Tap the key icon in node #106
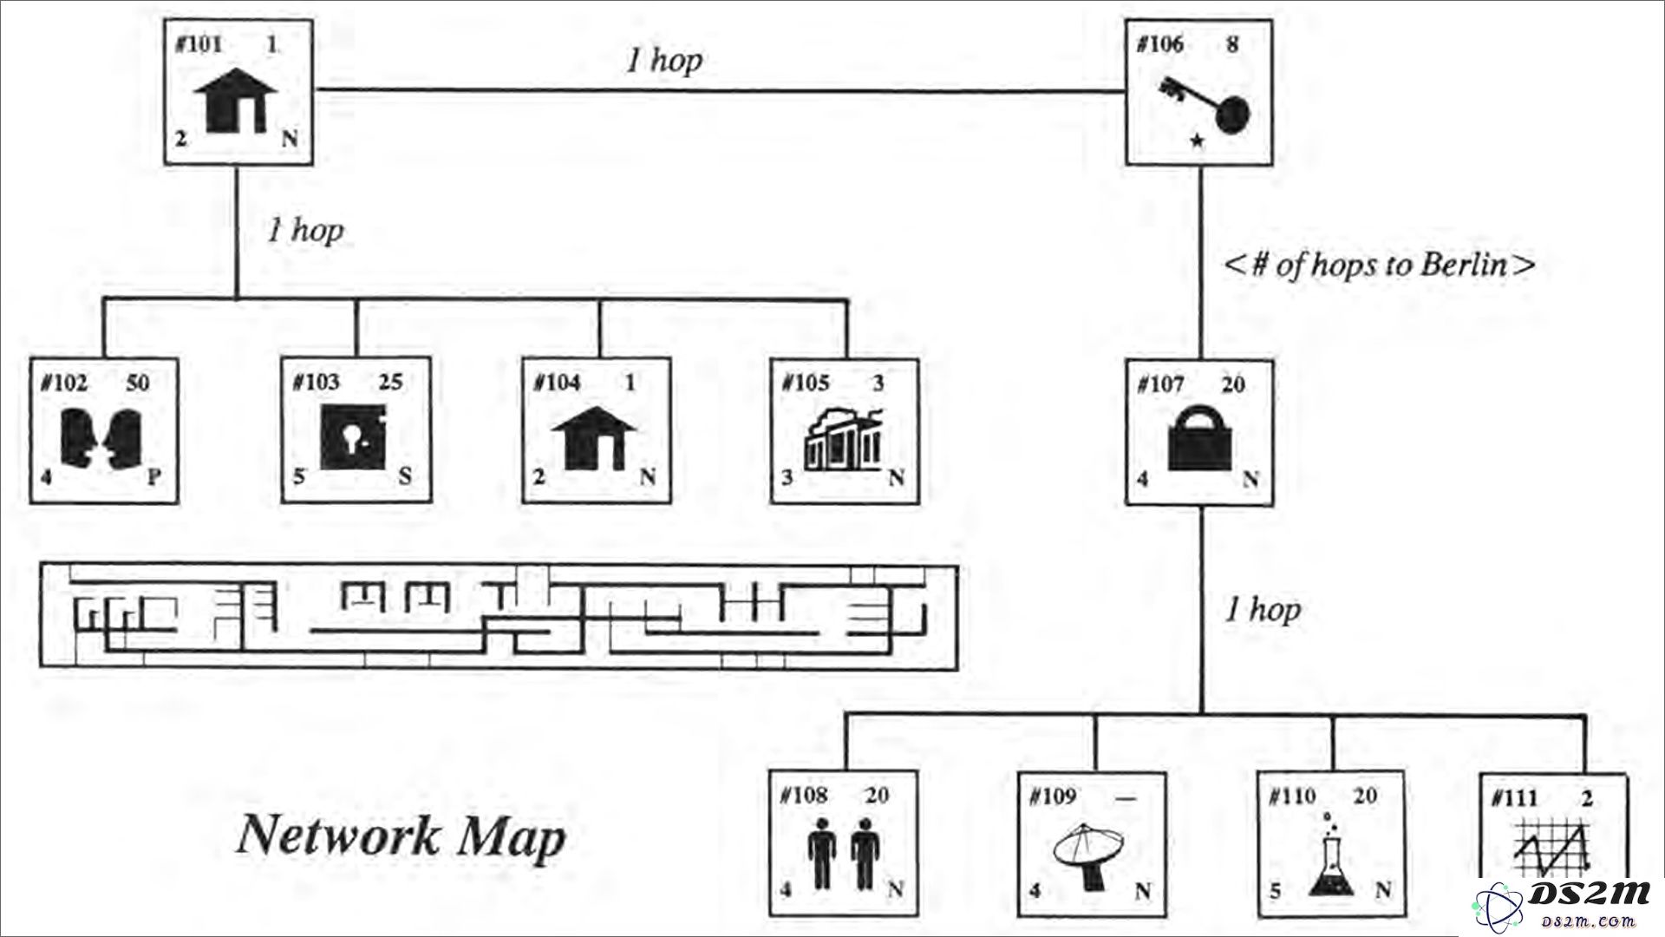(1205, 106)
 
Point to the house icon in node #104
(594, 439)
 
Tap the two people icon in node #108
(841, 855)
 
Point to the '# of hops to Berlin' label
(1379, 264)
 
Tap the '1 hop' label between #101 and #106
(664, 60)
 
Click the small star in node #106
(1197, 140)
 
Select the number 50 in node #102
(138, 383)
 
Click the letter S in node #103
(405, 476)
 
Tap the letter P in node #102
(153, 476)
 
